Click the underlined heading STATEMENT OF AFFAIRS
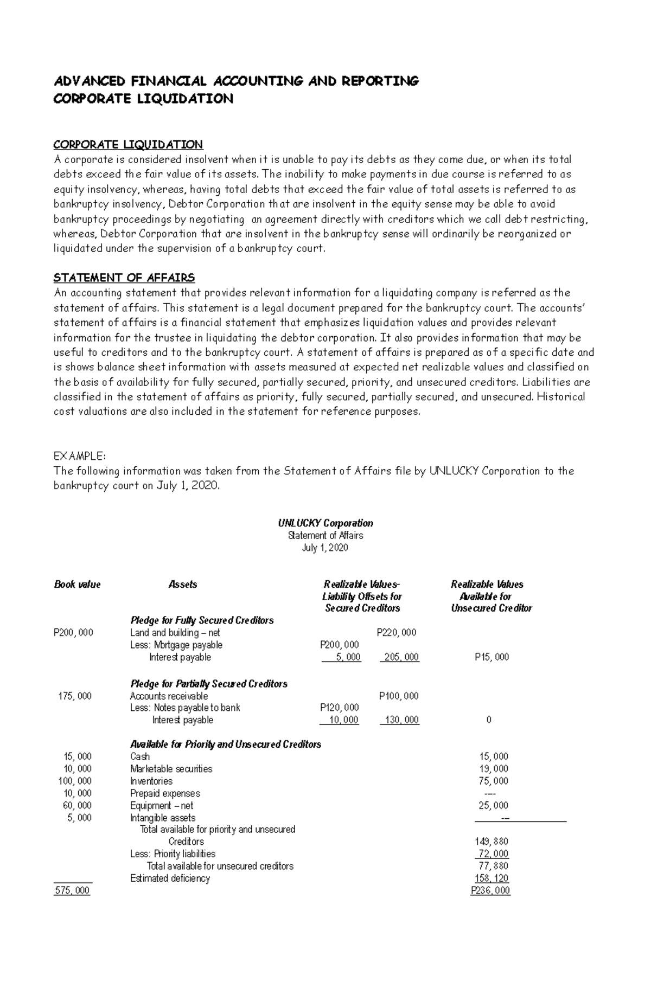pos(124,278)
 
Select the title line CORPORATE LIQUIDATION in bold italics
pos(143,99)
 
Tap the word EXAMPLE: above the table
pos(79,455)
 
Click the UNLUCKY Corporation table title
pos(325,523)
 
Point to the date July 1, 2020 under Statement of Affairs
pos(325,548)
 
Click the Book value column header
pos(77,585)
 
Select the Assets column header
pos(183,585)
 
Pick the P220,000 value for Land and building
pos(397,632)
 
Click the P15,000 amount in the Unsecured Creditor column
pos(492,657)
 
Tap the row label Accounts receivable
pos(169,696)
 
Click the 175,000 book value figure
pos(75,696)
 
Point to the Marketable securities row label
pos(171,769)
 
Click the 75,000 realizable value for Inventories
pos(493,781)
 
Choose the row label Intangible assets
pos(163,818)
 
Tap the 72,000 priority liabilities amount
pos(493,854)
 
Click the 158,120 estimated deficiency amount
pos(492,878)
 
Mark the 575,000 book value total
pos(72,890)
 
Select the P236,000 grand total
pos(490,890)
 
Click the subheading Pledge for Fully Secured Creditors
pos(202,620)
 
